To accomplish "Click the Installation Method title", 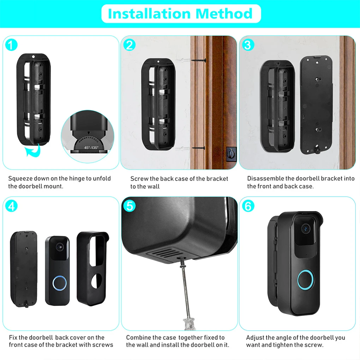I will (x=180, y=13).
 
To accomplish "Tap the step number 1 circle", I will (x=12, y=45).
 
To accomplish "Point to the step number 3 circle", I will (x=248, y=45).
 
